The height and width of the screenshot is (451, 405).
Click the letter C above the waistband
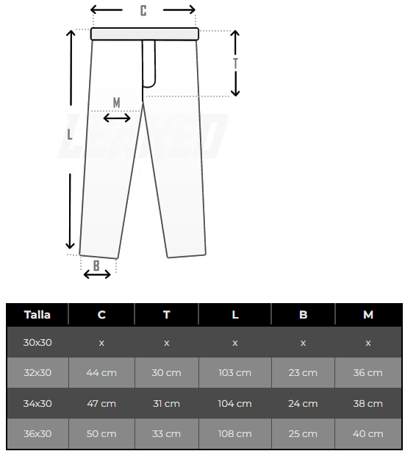143,10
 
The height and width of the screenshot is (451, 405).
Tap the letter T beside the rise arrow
236,63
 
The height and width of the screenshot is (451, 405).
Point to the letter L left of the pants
70,135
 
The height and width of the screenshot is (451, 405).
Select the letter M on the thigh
117,102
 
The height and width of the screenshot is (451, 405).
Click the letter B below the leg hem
96,264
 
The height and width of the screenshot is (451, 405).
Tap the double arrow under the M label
117,118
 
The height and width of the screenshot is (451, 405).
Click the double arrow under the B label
97,274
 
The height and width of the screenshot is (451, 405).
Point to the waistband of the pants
145,34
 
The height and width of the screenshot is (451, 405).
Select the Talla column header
37,314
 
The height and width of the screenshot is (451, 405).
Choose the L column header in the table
235,314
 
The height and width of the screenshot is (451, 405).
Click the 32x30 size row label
37,372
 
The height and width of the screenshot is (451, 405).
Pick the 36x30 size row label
37,433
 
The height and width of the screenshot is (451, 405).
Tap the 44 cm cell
101,372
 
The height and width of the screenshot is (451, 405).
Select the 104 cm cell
235,403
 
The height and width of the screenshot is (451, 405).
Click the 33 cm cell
167,433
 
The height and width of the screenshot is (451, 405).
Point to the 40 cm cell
368,433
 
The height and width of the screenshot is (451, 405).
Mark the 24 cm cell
303,403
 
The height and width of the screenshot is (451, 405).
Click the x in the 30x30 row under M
368,342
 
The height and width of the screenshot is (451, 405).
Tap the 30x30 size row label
37,342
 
